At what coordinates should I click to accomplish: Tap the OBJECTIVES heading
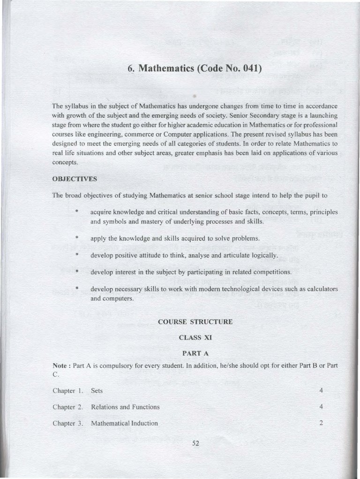tap(75, 179)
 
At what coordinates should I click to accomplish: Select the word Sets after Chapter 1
tap(97, 390)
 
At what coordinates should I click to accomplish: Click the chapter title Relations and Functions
tap(125, 407)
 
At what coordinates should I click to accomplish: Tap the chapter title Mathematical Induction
tap(124, 423)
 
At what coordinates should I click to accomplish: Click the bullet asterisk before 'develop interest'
tap(76, 272)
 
